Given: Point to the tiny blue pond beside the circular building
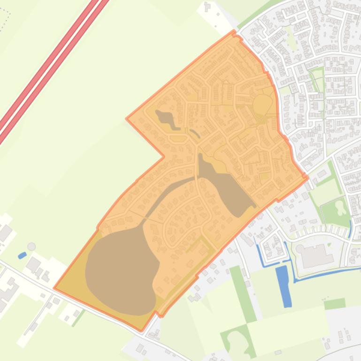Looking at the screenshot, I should point(22,256).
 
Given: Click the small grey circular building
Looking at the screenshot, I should point(31,246).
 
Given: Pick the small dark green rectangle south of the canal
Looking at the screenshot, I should point(334,304).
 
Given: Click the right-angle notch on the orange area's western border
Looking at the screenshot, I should point(163,156).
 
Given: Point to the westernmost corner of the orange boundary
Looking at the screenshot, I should point(54,288).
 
